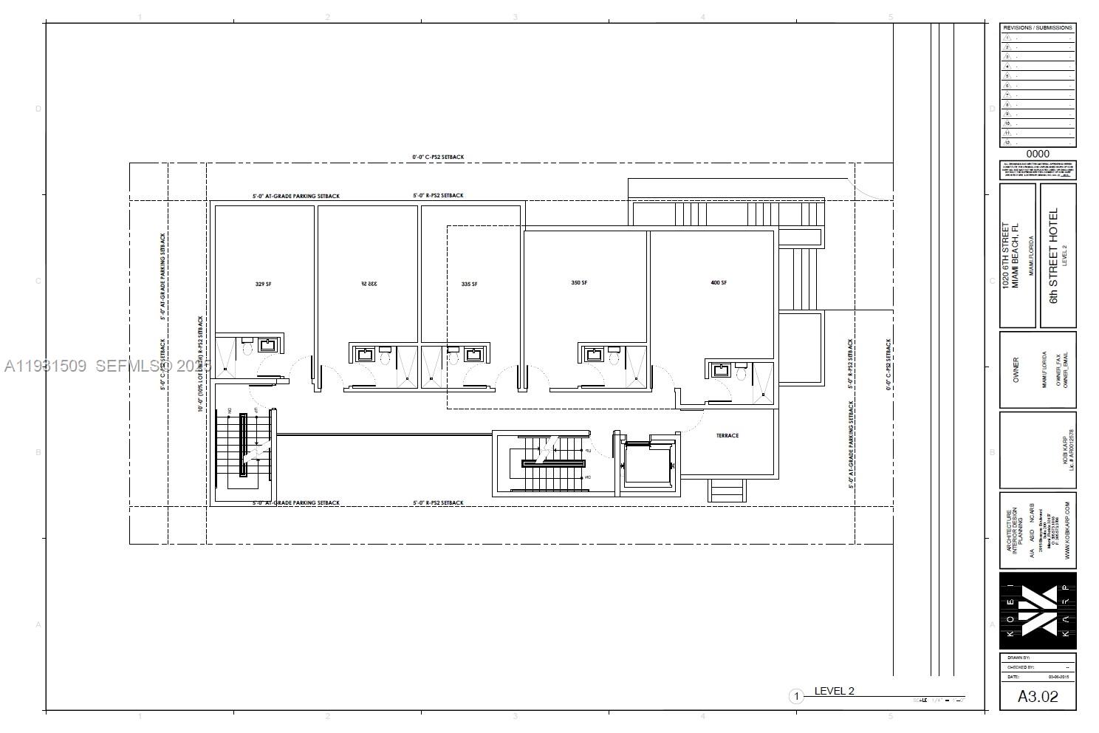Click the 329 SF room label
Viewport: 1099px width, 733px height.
(x=263, y=284)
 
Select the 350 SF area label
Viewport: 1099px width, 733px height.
(x=579, y=283)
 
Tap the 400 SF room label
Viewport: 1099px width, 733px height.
(x=719, y=283)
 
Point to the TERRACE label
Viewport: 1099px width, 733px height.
(x=727, y=436)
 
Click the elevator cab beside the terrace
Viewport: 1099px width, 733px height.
(x=648, y=464)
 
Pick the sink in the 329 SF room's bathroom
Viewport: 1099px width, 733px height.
(x=266, y=345)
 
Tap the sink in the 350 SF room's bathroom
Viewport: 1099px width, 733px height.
(x=592, y=355)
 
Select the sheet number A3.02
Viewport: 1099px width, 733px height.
(x=1038, y=696)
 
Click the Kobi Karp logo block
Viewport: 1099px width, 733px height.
(x=1038, y=610)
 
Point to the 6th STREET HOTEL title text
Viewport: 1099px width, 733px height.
(x=1054, y=255)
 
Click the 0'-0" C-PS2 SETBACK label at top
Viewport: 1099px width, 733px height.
(x=438, y=157)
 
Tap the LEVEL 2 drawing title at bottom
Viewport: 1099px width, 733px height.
(x=834, y=692)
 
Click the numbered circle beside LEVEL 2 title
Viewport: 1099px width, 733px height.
(x=796, y=696)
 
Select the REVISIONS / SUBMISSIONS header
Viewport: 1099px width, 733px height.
(x=1038, y=27)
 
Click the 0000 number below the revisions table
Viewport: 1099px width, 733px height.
(x=1038, y=154)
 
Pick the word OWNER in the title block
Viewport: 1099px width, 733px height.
(x=1016, y=369)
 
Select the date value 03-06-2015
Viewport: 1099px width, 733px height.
(x=1058, y=677)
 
